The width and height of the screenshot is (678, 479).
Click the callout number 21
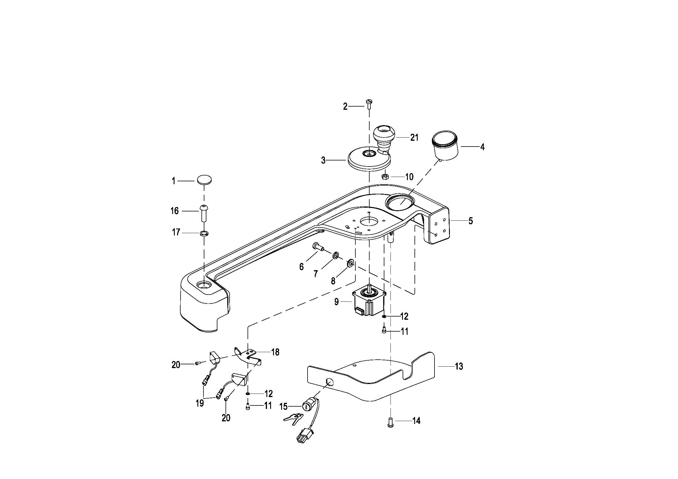pos(414,138)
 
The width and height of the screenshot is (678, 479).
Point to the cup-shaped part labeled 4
pos(445,146)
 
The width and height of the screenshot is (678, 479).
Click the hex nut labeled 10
pos(385,177)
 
